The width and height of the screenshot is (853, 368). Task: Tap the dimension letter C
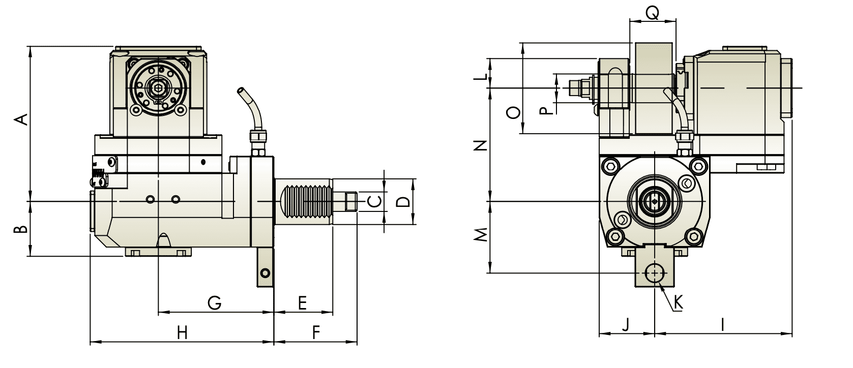[x=374, y=202]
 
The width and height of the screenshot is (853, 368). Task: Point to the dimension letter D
[x=403, y=202]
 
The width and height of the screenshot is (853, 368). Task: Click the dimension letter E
[x=302, y=303]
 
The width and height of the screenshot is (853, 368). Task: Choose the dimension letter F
[x=315, y=333]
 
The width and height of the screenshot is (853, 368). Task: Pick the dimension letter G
[x=215, y=303]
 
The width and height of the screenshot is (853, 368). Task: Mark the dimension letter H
[x=182, y=333]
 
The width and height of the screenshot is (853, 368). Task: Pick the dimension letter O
[x=514, y=112]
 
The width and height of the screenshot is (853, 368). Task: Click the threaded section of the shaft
[x=304, y=202]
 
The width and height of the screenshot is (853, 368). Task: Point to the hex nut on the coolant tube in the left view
[x=256, y=137]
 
